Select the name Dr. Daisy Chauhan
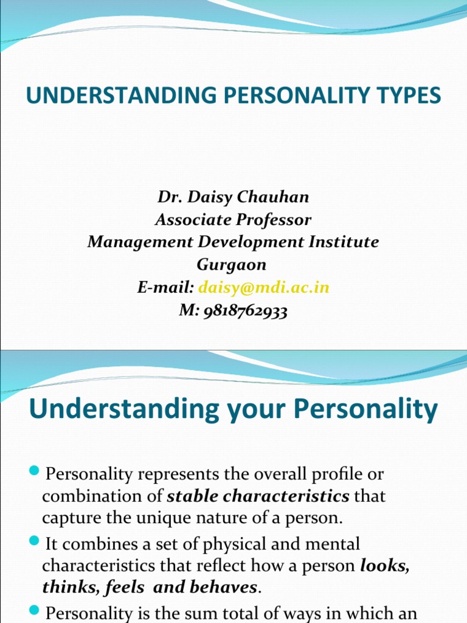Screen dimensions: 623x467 coord(233,197)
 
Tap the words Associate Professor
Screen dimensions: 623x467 coord(233,220)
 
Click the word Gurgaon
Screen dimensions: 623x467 coord(231,265)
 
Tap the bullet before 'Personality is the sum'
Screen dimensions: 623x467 coord(34,610)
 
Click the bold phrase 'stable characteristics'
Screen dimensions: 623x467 coord(258,496)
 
